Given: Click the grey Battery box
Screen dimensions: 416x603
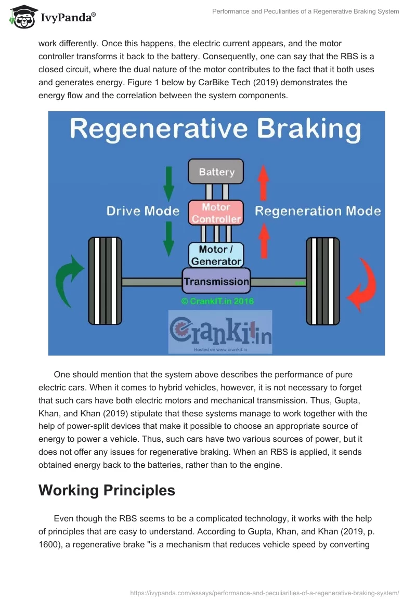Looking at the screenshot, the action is pyautogui.click(x=216, y=172).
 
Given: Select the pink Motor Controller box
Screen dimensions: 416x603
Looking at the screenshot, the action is pyautogui.click(x=216, y=213).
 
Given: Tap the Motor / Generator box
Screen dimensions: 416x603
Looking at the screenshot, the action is pyautogui.click(x=216, y=255).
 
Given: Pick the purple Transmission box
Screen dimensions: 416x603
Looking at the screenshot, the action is pyautogui.click(x=216, y=281).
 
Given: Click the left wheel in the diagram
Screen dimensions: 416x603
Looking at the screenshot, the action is pyautogui.click(x=105, y=281).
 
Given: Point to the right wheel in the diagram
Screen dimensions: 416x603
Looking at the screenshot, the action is pyautogui.click(x=323, y=281).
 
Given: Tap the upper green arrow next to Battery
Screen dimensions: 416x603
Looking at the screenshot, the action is pyautogui.click(x=168, y=184).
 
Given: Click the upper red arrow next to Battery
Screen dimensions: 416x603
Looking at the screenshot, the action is pyautogui.click(x=263, y=183).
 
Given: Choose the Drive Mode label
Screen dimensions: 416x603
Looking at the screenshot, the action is pyautogui.click(x=143, y=211).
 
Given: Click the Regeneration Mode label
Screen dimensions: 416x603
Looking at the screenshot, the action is pyautogui.click(x=318, y=211).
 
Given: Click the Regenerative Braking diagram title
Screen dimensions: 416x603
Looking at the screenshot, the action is pyautogui.click(x=215, y=129).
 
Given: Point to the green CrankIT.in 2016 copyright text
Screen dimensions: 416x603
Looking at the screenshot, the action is pyautogui.click(x=217, y=301).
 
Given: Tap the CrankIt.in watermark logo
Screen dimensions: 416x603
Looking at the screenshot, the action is pyautogui.click(x=220, y=332).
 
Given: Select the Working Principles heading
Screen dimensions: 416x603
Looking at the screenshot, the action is pyautogui.click(x=107, y=490).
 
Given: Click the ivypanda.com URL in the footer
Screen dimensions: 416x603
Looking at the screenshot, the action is pyautogui.click(x=265, y=593).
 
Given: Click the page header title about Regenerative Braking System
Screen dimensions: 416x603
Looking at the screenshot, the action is pyautogui.click(x=306, y=11).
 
